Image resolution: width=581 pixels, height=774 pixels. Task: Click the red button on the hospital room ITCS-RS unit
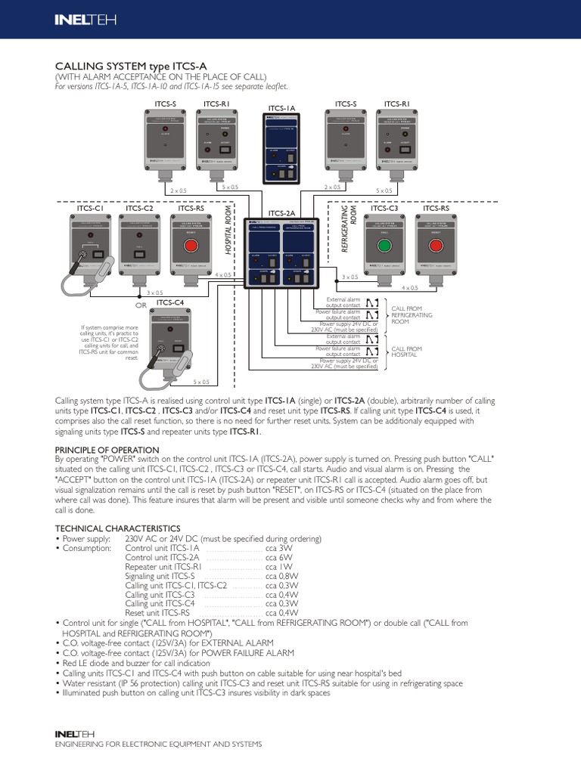tap(191, 247)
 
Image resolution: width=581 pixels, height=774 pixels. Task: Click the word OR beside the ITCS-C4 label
tap(140, 305)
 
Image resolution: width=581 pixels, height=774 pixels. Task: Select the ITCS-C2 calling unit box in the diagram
tap(140, 246)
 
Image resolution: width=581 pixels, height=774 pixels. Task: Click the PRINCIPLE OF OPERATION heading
tap(107, 450)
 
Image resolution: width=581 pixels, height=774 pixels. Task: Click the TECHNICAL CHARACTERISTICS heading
tap(118, 528)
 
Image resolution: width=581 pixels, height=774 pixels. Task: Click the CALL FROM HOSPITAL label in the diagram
tap(406, 351)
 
